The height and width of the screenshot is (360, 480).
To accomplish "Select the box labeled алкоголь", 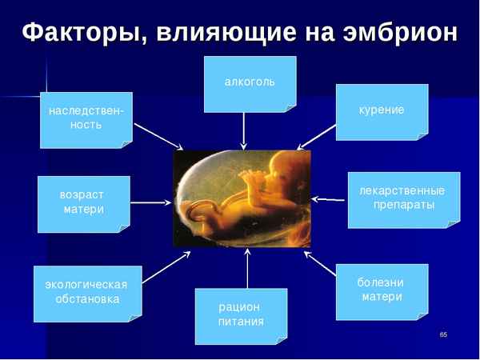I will coord(250,83).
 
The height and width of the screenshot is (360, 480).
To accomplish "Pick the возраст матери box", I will coord(83,203).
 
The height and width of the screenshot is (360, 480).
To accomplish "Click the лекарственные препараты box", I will coord(403,199).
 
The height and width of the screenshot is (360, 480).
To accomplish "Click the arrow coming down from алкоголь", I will coord(244,130).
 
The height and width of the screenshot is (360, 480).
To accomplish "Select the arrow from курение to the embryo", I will coord(317,136).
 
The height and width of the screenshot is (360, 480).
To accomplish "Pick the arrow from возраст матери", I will coord(151,202).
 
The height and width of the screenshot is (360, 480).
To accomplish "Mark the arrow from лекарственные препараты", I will coord(329,198).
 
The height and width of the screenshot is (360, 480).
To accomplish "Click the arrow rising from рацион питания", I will coord(247,268).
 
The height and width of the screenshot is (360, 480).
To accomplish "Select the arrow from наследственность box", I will coord(158,136).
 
